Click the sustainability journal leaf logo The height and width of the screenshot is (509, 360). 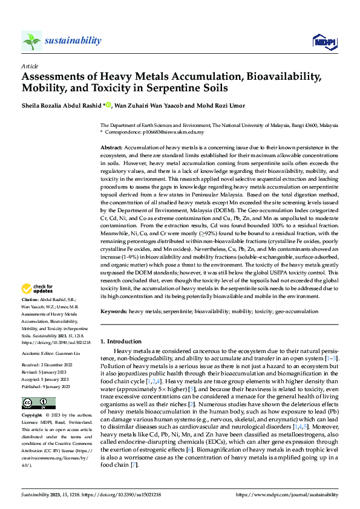click(31, 41)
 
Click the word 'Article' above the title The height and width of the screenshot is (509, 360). click(30, 65)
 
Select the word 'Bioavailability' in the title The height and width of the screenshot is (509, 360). click(271, 76)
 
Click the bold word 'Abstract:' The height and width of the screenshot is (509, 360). click(111, 147)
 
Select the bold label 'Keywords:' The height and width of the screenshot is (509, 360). click(114, 311)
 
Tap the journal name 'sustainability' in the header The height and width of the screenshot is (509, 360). click(73, 41)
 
